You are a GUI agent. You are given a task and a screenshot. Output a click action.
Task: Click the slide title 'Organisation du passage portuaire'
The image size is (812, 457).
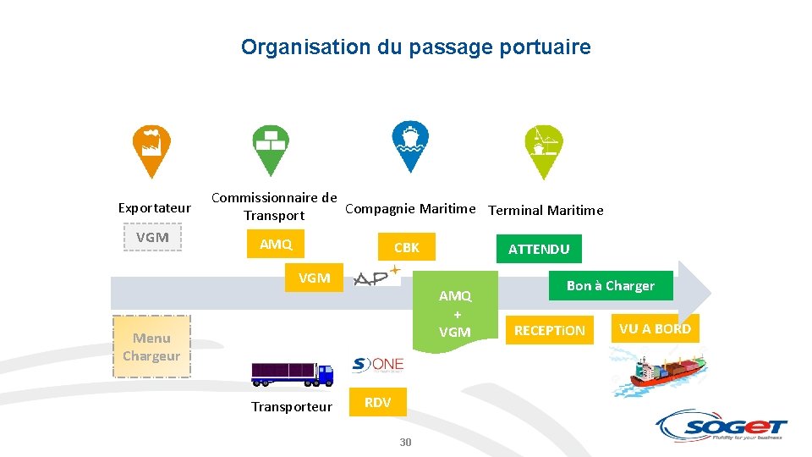click(x=415, y=47)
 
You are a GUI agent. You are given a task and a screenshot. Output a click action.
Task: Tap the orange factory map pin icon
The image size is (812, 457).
click(x=152, y=148)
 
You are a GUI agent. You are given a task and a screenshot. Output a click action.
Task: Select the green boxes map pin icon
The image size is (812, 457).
click(x=271, y=148)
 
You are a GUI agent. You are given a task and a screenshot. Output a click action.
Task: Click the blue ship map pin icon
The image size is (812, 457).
click(x=410, y=144)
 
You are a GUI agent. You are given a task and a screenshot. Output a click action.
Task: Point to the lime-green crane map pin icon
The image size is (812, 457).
click(x=542, y=148)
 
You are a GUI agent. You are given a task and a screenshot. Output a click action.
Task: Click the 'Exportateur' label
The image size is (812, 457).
click(x=155, y=207)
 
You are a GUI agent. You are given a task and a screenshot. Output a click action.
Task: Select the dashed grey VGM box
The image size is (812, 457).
click(x=153, y=238)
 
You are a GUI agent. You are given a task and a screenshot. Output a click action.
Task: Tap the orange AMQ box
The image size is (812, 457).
click(x=276, y=245)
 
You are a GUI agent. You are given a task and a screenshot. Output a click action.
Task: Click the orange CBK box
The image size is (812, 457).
click(x=406, y=248)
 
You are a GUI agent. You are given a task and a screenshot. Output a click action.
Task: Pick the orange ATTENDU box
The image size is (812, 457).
click(x=539, y=249)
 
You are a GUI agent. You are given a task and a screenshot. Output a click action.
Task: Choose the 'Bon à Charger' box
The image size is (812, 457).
click(x=610, y=286)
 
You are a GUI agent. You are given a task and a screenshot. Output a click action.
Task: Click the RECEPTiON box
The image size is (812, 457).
click(x=550, y=330)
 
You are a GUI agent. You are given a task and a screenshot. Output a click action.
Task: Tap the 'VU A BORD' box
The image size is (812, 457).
click(x=655, y=328)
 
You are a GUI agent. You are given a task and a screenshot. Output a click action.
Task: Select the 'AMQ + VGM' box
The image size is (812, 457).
click(x=455, y=314)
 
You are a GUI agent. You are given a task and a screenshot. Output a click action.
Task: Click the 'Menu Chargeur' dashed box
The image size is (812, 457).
click(x=151, y=347)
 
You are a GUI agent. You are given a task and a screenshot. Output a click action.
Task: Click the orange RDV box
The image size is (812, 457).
click(x=377, y=403)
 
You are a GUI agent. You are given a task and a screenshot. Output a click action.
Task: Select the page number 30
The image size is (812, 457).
click(x=405, y=443)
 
